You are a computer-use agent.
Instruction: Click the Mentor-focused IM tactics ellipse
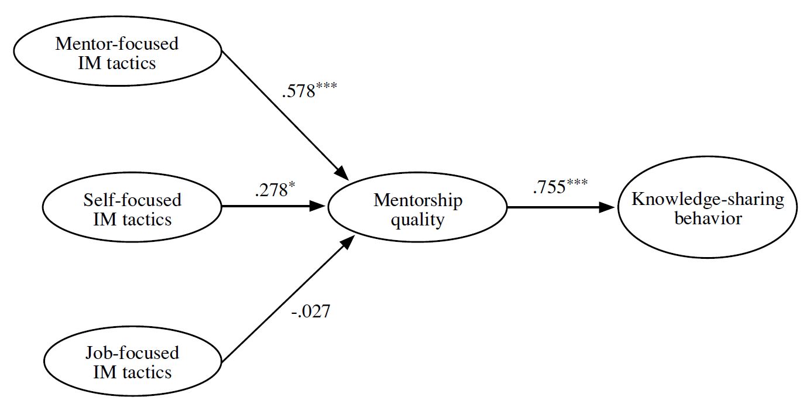coord(117,53)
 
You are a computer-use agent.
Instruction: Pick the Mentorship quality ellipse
coord(417,209)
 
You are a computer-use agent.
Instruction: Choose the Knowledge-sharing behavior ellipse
coord(708,209)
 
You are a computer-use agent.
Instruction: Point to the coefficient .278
coord(271,191)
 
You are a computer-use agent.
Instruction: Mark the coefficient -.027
coord(310,311)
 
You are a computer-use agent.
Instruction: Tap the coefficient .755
coord(549,187)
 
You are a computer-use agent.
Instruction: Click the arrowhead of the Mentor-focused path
coord(342,173)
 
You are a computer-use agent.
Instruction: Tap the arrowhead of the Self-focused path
coord(318,206)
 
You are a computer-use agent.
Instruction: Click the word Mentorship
coord(418,200)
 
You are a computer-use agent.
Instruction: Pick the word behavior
coord(708,219)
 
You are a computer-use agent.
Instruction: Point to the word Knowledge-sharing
coord(708,200)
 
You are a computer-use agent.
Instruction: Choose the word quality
coord(418,220)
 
